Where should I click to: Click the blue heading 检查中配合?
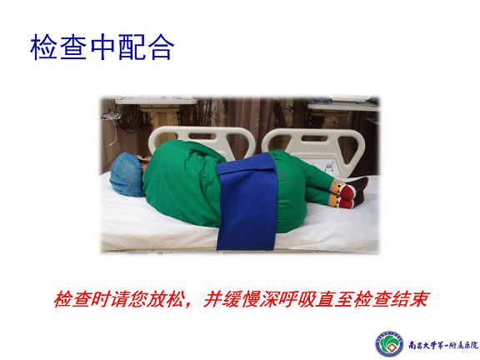pyautogui.click(x=102, y=47)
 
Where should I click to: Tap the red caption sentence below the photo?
pyautogui.click(x=242, y=299)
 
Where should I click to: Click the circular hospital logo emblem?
pyautogui.click(x=389, y=344)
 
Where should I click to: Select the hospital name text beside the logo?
pyautogui.click(x=443, y=345)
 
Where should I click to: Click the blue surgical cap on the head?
pyautogui.click(x=127, y=175)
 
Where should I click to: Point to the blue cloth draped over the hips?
pyautogui.click(x=247, y=202)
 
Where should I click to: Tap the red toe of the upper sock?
pyautogui.click(x=348, y=192)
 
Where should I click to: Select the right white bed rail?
pyautogui.click(x=315, y=144)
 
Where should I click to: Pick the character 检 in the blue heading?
pyautogui.click(x=43, y=47)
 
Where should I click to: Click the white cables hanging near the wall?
pyautogui.click(x=112, y=126)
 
